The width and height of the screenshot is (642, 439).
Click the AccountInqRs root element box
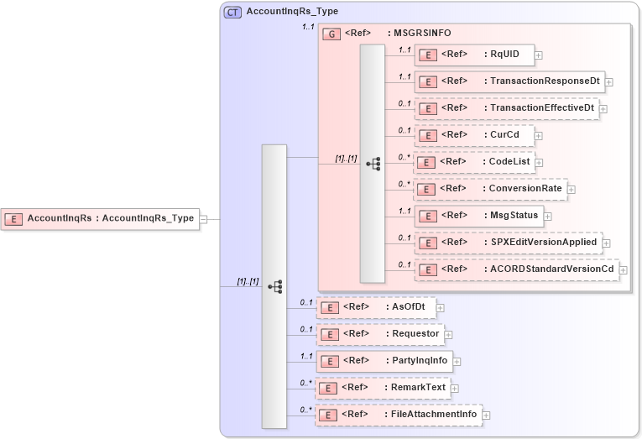(x=101, y=218)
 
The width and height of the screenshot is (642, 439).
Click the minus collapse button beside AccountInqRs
(x=204, y=218)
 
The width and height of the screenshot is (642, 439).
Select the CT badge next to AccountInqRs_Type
(x=232, y=12)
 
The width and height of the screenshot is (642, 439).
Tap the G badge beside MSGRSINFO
(x=331, y=34)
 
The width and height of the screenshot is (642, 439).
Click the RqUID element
(x=474, y=55)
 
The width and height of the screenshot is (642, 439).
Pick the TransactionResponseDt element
(x=509, y=81)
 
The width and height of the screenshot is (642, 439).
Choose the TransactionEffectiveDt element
(x=507, y=108)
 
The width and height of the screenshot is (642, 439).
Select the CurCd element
(x=474, y=135)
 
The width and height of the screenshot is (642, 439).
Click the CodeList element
(x=474, y=162)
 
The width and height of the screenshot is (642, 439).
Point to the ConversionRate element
(x=490, y=189)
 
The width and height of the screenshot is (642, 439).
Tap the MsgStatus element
(x=478, y=216)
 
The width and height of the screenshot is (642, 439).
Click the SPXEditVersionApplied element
(x=508, y=243)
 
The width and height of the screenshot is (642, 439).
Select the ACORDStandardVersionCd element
(x=516, y=269)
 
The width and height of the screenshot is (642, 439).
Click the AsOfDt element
(x=376, y=307)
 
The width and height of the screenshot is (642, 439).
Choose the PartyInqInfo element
(x=384, y=361)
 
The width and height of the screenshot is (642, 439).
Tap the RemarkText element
(x=382, y=388)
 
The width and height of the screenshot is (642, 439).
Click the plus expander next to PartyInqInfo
(x=457, y=362)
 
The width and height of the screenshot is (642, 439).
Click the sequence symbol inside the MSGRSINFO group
(x=373, y=164)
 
